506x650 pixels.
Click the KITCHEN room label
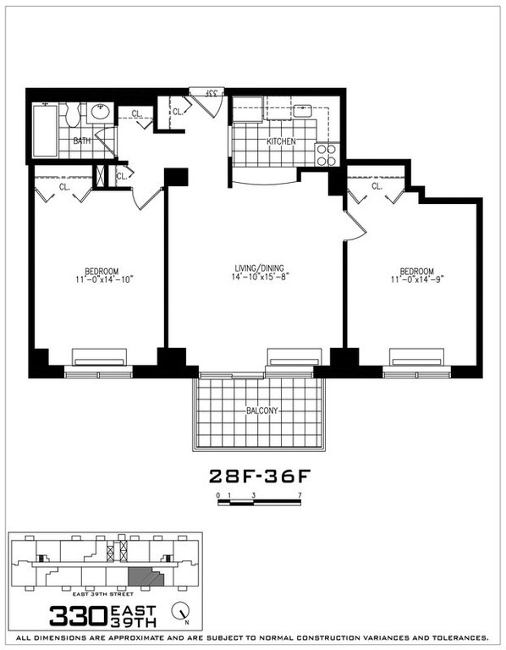[281, 141]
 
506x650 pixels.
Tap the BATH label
[81, 140]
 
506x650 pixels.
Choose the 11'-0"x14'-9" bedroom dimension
[415, 281]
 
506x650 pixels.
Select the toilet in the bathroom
[74, 112]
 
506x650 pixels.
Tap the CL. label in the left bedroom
[64, 186]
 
